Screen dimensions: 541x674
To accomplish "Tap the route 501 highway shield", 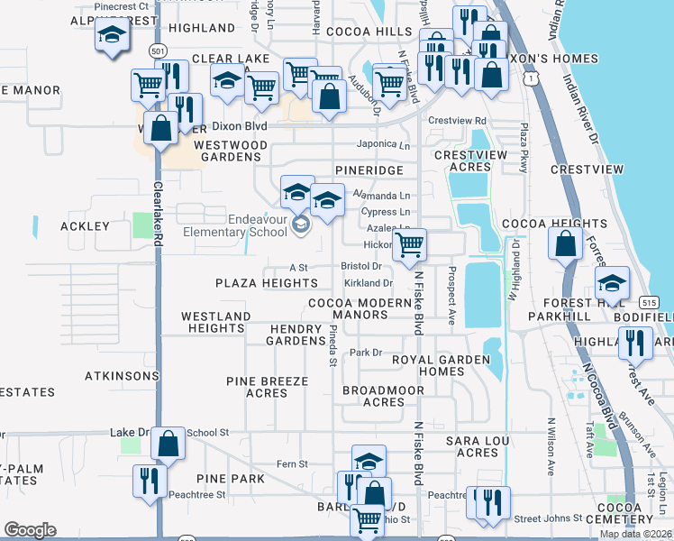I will pyautogui.click(x=159, y=52).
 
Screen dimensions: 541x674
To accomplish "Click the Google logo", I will pyautogui.click(x=30, y=530).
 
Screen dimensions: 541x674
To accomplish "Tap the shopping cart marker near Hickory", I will pyautogui.click(x=410, y=244).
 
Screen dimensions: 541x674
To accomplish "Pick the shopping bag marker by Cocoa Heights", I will pyautogui.click(x=565, y=244).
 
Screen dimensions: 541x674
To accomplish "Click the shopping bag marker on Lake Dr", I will pyautogui.click(x=168, y=444).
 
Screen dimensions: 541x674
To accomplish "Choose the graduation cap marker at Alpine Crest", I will pyautogui.click(x=113, y=36).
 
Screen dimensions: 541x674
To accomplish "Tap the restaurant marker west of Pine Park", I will pyautogui.click(x=149, y=481).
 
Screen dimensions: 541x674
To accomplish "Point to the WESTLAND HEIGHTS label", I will pyautogui.click(x=215, y=323).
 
